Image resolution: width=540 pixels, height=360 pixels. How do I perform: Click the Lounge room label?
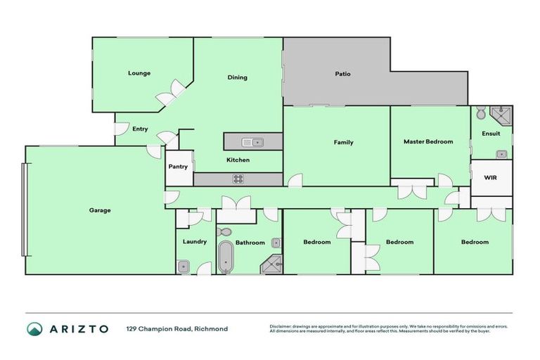pyautogui.click(x=139, y=73)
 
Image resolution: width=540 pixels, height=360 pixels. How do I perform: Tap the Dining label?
pyautogui.click(x=237, y=77)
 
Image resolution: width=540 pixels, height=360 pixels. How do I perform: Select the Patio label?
pyautogui.click(x=342, y=74)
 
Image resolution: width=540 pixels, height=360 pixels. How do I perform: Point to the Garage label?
pyautogui.click(x=99, y=210)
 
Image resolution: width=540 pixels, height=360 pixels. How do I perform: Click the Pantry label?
pyautogui.click(x=178, y=167)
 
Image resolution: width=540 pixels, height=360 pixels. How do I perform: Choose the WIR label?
pyautogui.click(x=490, y=178)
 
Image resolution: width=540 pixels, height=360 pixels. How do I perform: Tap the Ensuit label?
pyautogui.click(x=491, y=134)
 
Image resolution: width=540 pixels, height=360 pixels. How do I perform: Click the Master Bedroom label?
pyautogui.click(x=428, y=142)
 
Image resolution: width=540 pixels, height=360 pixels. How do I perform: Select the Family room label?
pyautogui.click(x=343, y=142)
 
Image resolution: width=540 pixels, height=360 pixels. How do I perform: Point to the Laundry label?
pyautogui.click(x=194, y=242)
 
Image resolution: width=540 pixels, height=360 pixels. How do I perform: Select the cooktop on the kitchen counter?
pyautogui.click(x=238, y=179)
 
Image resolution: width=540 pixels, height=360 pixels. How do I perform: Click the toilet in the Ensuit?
pyautogui.click(x=480, y=112)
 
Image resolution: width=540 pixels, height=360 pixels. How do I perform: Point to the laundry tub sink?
pyautogui.click(x=183, y=266)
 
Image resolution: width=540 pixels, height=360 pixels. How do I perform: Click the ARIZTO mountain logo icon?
pyautogui.click(x=34, y=329)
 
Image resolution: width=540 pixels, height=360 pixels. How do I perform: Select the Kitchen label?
pyautogui.click(x=238, y=160)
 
